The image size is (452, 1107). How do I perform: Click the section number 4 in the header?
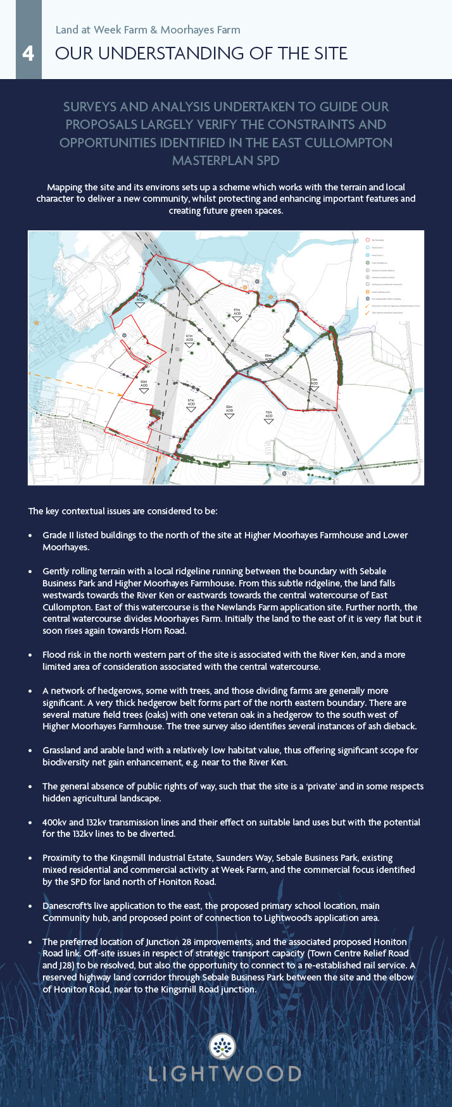pyautogui.click(x=28, y=53)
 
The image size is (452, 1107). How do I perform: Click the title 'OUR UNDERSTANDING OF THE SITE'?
pyautogui.click(x=201, y=53)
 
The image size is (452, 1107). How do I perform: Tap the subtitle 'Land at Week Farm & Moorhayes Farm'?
pyautogui.click(x=148, y=30)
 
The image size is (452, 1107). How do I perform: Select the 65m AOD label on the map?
pyautogui.click(x=144, y=383)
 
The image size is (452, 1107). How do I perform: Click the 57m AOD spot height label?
pyautogui.click(x=191, y=402)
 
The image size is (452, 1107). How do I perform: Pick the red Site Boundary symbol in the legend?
pyautogui.click(x=367, y=240)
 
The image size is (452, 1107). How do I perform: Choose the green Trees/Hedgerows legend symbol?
pyautogui.click(x=367, y=262)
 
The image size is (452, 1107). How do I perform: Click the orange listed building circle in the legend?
pyautogui.click(x=367, y=292)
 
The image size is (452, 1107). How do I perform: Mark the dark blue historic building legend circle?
pyautogui.click(x=367, y=299)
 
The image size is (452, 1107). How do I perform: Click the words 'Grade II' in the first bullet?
pyautogui.click(x=58, y=535)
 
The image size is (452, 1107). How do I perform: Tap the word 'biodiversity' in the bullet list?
pyautogui.click(x=66, y=762)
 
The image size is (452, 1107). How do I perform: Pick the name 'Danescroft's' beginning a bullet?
pyautogui.click(x=66, y=906)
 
